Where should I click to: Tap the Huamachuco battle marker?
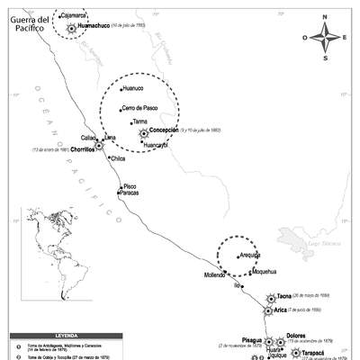point(71,28)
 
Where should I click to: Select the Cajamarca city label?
point(72,15)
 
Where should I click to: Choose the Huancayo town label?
point(157,145)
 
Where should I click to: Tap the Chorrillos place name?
point(76,149)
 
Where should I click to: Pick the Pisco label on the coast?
point(130,185)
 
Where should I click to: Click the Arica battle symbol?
point(267,311)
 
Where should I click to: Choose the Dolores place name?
point(296,336)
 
